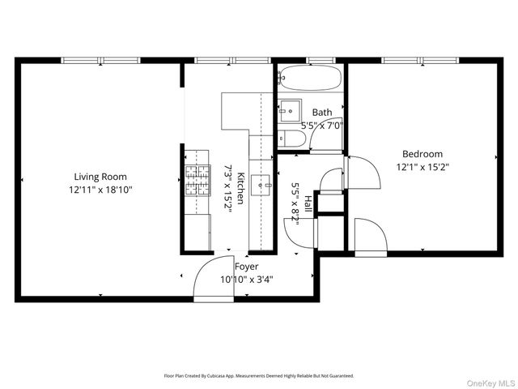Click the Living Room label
(100, 177)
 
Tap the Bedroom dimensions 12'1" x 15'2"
(422, 167)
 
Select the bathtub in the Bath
(309, 79)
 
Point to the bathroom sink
(291, 110)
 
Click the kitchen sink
(261, 184)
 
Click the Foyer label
(246, 267)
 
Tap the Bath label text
(322, 113)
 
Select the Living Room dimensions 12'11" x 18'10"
(100, 190)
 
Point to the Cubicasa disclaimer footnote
(259, 376)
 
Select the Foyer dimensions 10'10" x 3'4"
(246, 280)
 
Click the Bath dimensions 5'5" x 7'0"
(322, 126)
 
